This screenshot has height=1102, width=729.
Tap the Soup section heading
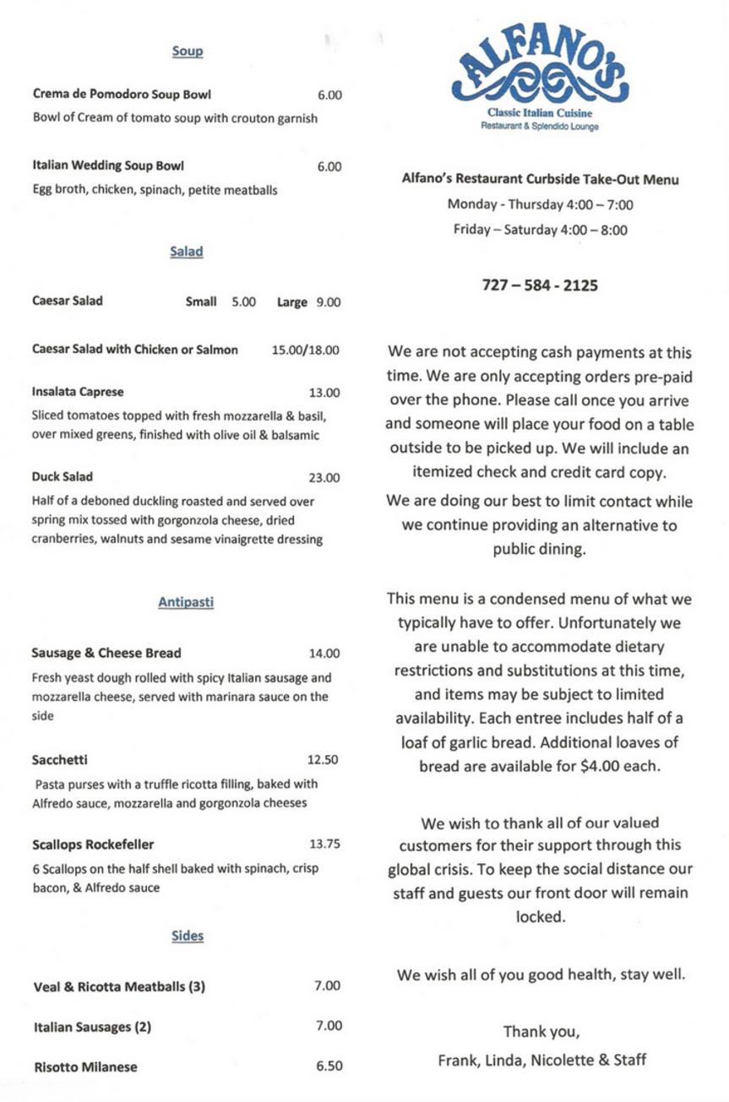[x=188, y=52]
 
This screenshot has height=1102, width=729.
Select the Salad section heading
[x=187, y=252]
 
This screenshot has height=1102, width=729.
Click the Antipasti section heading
[x=186, y=602]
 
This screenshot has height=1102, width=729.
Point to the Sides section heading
[x=188, y=936]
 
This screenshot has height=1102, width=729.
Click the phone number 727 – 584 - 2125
[x=540, y=285]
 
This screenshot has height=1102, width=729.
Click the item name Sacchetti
[x=59, y=759]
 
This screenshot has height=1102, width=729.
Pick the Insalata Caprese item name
[x=78, y=393]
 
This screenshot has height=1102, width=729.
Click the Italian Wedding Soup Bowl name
[x=108, y=166]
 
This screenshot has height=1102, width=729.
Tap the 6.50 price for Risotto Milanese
[x=329, y=1067]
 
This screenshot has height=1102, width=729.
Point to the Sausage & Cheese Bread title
[x=106, y=653]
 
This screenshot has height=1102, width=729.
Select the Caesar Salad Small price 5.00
[x=244, y=301]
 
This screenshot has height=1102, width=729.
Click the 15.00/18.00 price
[x=306, y=350]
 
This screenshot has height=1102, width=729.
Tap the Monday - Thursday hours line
[x=541, y=204]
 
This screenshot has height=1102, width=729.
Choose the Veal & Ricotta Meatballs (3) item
[x=119, y=986]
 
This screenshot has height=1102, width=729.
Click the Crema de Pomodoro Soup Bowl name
[x=122, y=95]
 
